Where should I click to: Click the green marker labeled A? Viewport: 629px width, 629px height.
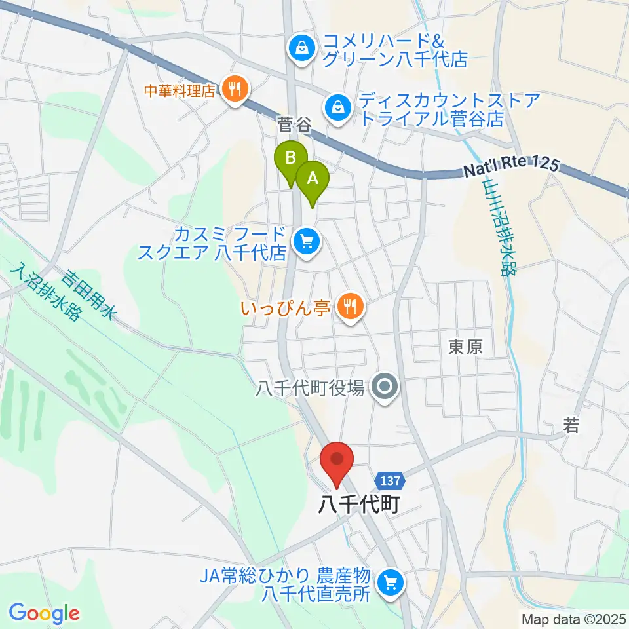click(313, 179)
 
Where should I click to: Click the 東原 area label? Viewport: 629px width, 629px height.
click(466, 347)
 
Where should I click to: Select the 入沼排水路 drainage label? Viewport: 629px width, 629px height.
click(45, 292)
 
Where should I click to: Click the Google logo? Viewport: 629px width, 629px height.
click(44, 613)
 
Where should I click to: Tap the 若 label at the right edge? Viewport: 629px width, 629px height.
click(571, 427)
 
